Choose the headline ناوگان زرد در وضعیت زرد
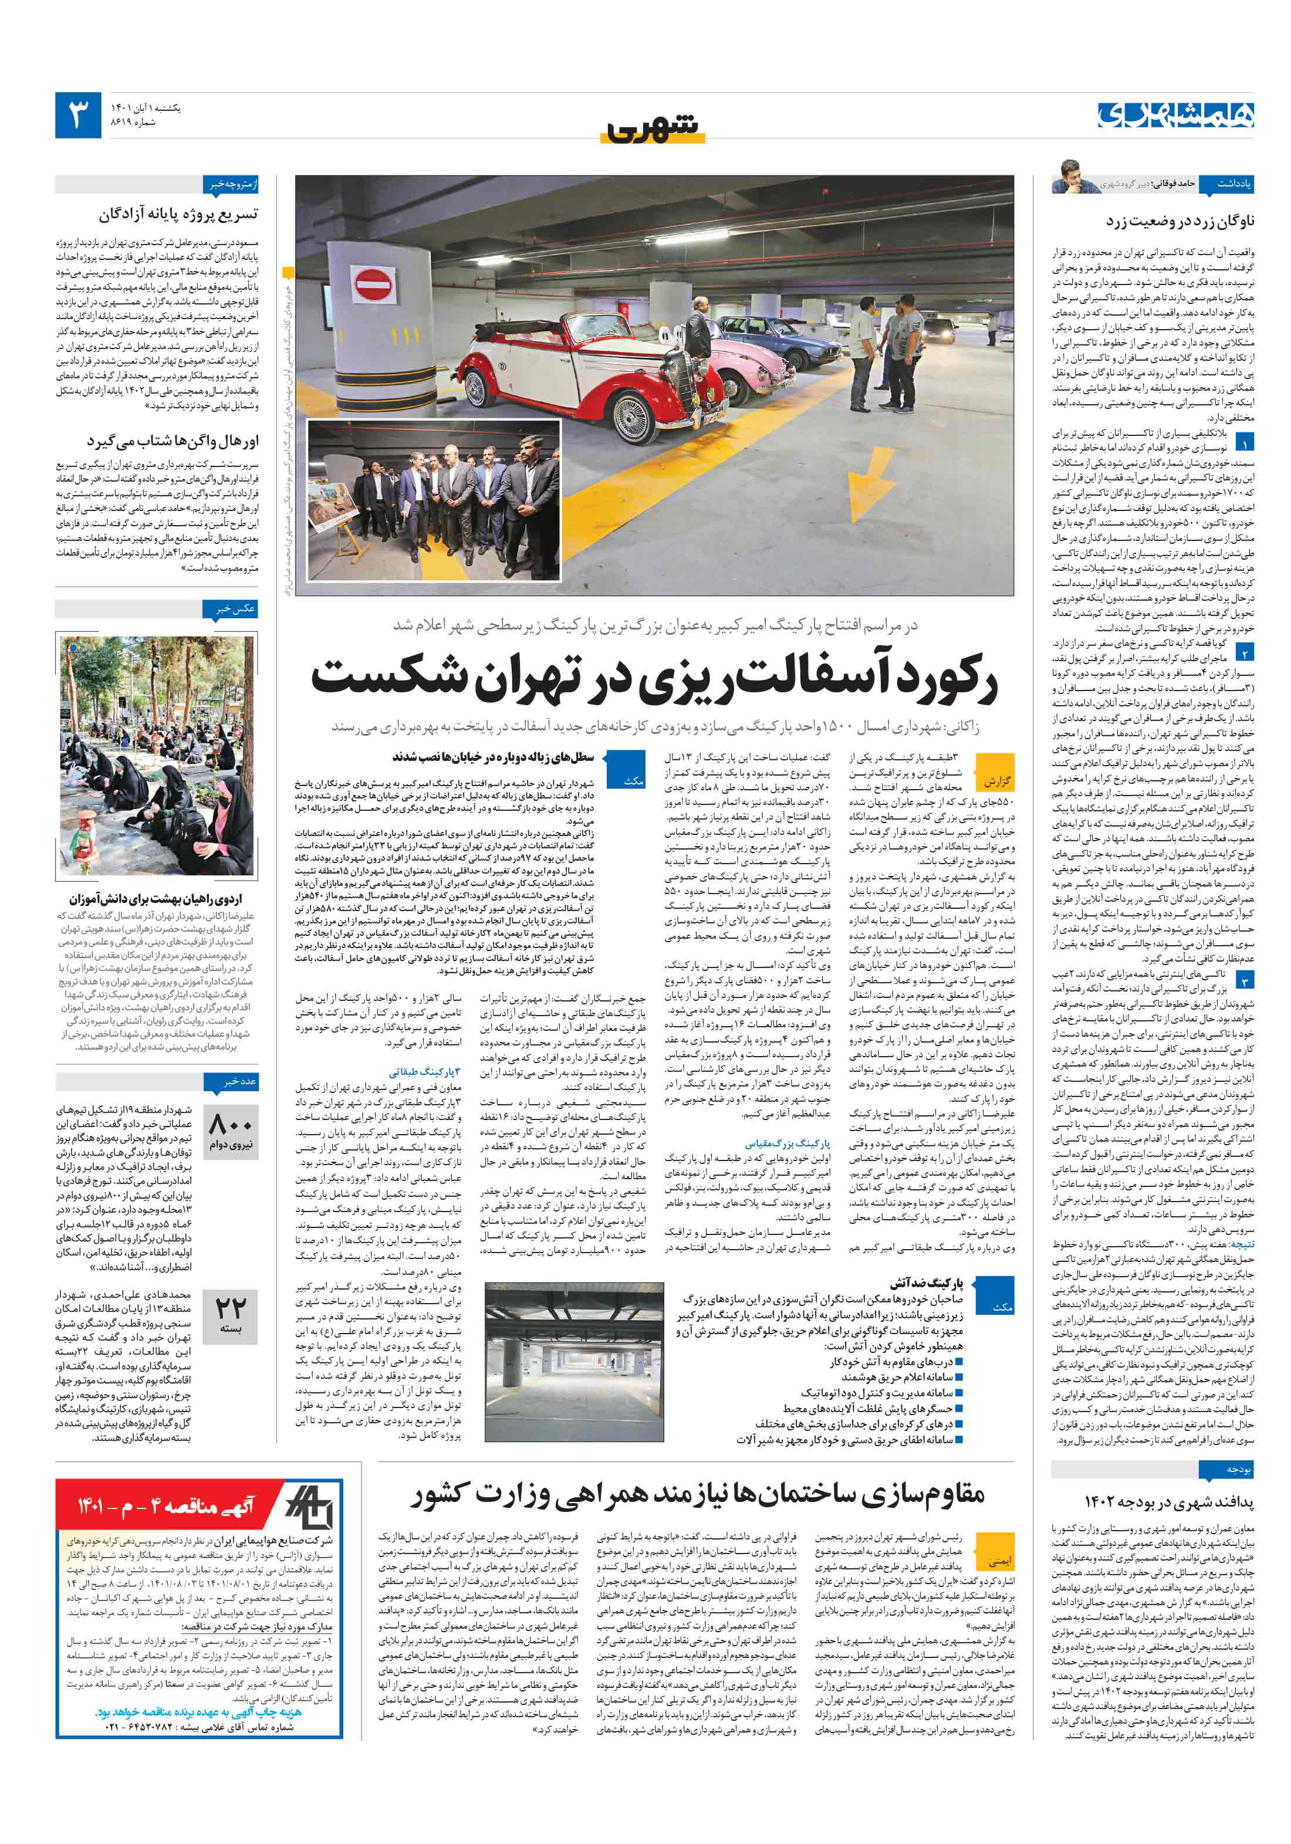tap(1180, 220)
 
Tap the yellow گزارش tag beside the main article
tap(997, 781)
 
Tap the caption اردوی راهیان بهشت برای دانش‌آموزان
tap(155, 899)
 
